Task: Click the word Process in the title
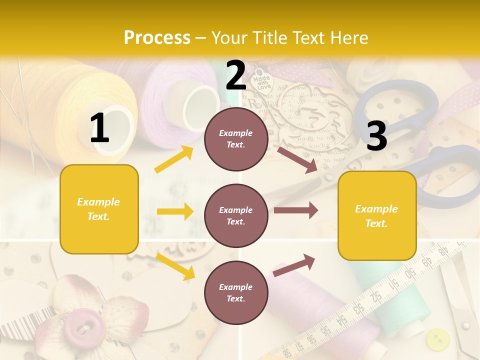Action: [157, 37]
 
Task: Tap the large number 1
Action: [99, 128]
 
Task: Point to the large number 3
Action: [376, 136]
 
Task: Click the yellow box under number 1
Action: [99, 209]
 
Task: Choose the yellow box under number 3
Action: [377, 215]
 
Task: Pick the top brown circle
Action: [236, 139]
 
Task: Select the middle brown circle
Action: [236, 215]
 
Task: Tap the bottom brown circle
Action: [236, 292]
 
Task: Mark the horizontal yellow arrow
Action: [175, 211]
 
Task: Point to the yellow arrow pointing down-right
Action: [175, 266]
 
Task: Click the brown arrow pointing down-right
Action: [297, 159]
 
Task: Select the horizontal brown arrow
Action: [295, 210]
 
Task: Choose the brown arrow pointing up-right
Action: [294, 265]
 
